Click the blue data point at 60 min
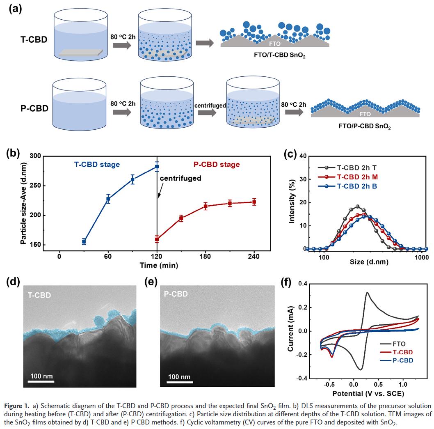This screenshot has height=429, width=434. coord(108,199)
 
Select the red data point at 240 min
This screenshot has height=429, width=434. coord(254,202)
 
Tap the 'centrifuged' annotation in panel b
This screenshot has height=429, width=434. coord(180,178)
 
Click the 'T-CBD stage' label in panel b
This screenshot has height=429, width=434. coord(97,165)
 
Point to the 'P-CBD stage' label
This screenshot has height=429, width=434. coord(216,165)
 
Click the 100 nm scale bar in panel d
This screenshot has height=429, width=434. coord(41,381)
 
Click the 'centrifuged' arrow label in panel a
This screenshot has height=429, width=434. coord(210,106)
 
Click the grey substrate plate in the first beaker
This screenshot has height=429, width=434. coord(80,52)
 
